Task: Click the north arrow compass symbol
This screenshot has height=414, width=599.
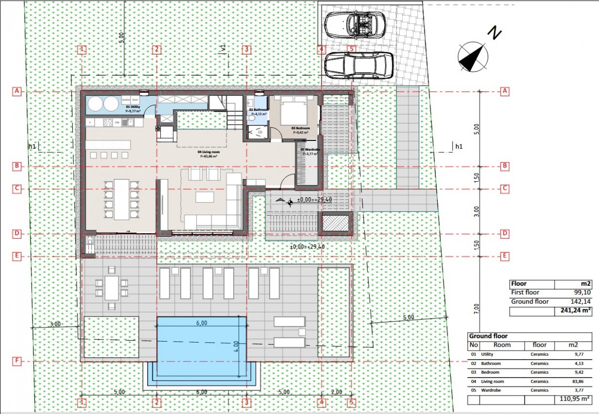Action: click(473, 55)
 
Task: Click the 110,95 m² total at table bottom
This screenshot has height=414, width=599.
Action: click(572, 400)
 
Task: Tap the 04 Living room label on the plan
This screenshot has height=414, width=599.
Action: click(206, 152)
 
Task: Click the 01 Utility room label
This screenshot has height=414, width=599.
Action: click(133, 107)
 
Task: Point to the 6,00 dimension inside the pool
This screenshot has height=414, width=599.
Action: click(202, 323)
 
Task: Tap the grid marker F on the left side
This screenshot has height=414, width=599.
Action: click(17, 361)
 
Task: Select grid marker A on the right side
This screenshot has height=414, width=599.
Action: click(505, 91)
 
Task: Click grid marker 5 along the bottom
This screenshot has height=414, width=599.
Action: click(352, 402)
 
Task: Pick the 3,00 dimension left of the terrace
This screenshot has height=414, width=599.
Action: click(55, 324)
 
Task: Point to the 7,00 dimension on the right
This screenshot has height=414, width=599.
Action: click(477, 310)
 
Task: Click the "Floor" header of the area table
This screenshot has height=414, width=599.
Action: click(520, 283)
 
